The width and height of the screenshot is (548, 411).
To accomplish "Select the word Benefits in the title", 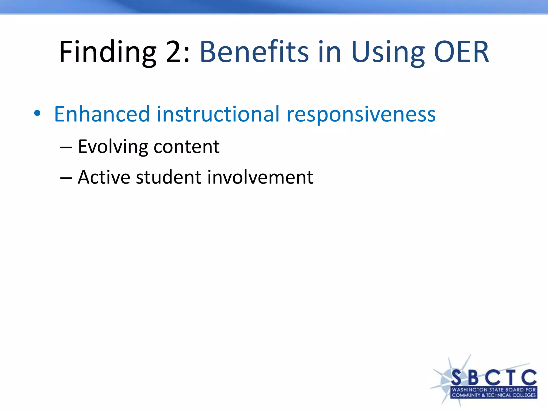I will click(x=254, y=52).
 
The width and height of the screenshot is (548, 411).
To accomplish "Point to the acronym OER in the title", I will click(x=461, y=52).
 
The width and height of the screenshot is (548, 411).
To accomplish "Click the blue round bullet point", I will click(x=37, y=113).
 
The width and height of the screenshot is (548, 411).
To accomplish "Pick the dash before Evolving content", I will click(x=66, y=147).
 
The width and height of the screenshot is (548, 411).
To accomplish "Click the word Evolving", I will click(x=113, y=147).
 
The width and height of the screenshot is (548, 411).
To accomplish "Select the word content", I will click(x=187, y=147).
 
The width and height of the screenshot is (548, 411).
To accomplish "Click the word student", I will click(x=169, y=177).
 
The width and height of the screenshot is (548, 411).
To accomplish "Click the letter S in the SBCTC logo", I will click(x=457, y=378).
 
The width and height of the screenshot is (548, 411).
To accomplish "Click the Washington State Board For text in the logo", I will click(x=494, y=390).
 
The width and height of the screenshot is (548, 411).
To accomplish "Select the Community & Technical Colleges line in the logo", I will click(x=494, y=395).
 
